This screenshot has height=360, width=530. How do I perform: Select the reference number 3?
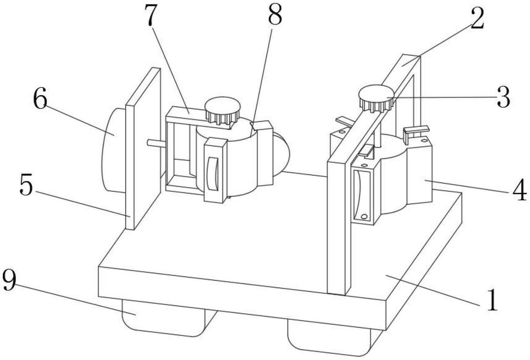coord(503,98)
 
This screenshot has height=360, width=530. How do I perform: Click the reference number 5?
coord(26,186)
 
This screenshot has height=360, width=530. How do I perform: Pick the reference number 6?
coord(40,100)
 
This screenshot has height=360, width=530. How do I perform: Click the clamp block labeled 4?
coord(419,172)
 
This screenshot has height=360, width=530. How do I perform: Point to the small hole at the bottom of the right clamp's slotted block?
coord(364,216)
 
